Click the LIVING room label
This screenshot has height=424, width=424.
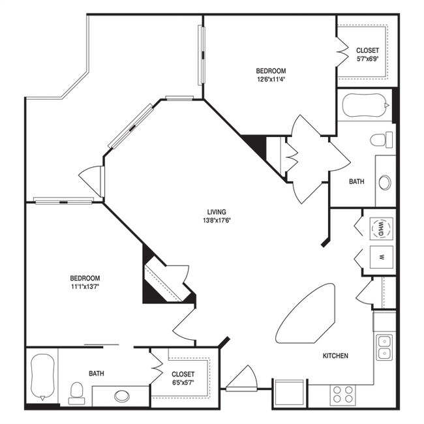217,212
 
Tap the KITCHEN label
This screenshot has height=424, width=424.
335,356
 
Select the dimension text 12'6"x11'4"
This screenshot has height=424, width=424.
271,80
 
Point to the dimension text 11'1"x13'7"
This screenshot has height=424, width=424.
85,286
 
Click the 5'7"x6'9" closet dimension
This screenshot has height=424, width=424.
367,59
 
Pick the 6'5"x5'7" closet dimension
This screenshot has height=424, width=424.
183,382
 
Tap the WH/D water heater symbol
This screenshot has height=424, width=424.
382,229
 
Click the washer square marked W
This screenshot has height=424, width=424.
382,257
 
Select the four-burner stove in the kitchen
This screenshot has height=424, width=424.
343,394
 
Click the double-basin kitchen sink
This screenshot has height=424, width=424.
384,347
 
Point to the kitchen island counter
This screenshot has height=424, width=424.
305,314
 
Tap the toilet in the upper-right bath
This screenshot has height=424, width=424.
382,140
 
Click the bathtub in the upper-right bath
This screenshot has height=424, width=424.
366,105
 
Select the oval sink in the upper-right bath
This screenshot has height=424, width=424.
385,182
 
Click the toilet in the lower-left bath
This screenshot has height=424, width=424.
76,393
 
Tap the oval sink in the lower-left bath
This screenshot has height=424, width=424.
122,396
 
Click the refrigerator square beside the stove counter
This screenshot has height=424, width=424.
290,393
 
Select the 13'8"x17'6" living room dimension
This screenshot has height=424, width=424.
217,220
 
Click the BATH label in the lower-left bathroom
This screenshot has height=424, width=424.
97,373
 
